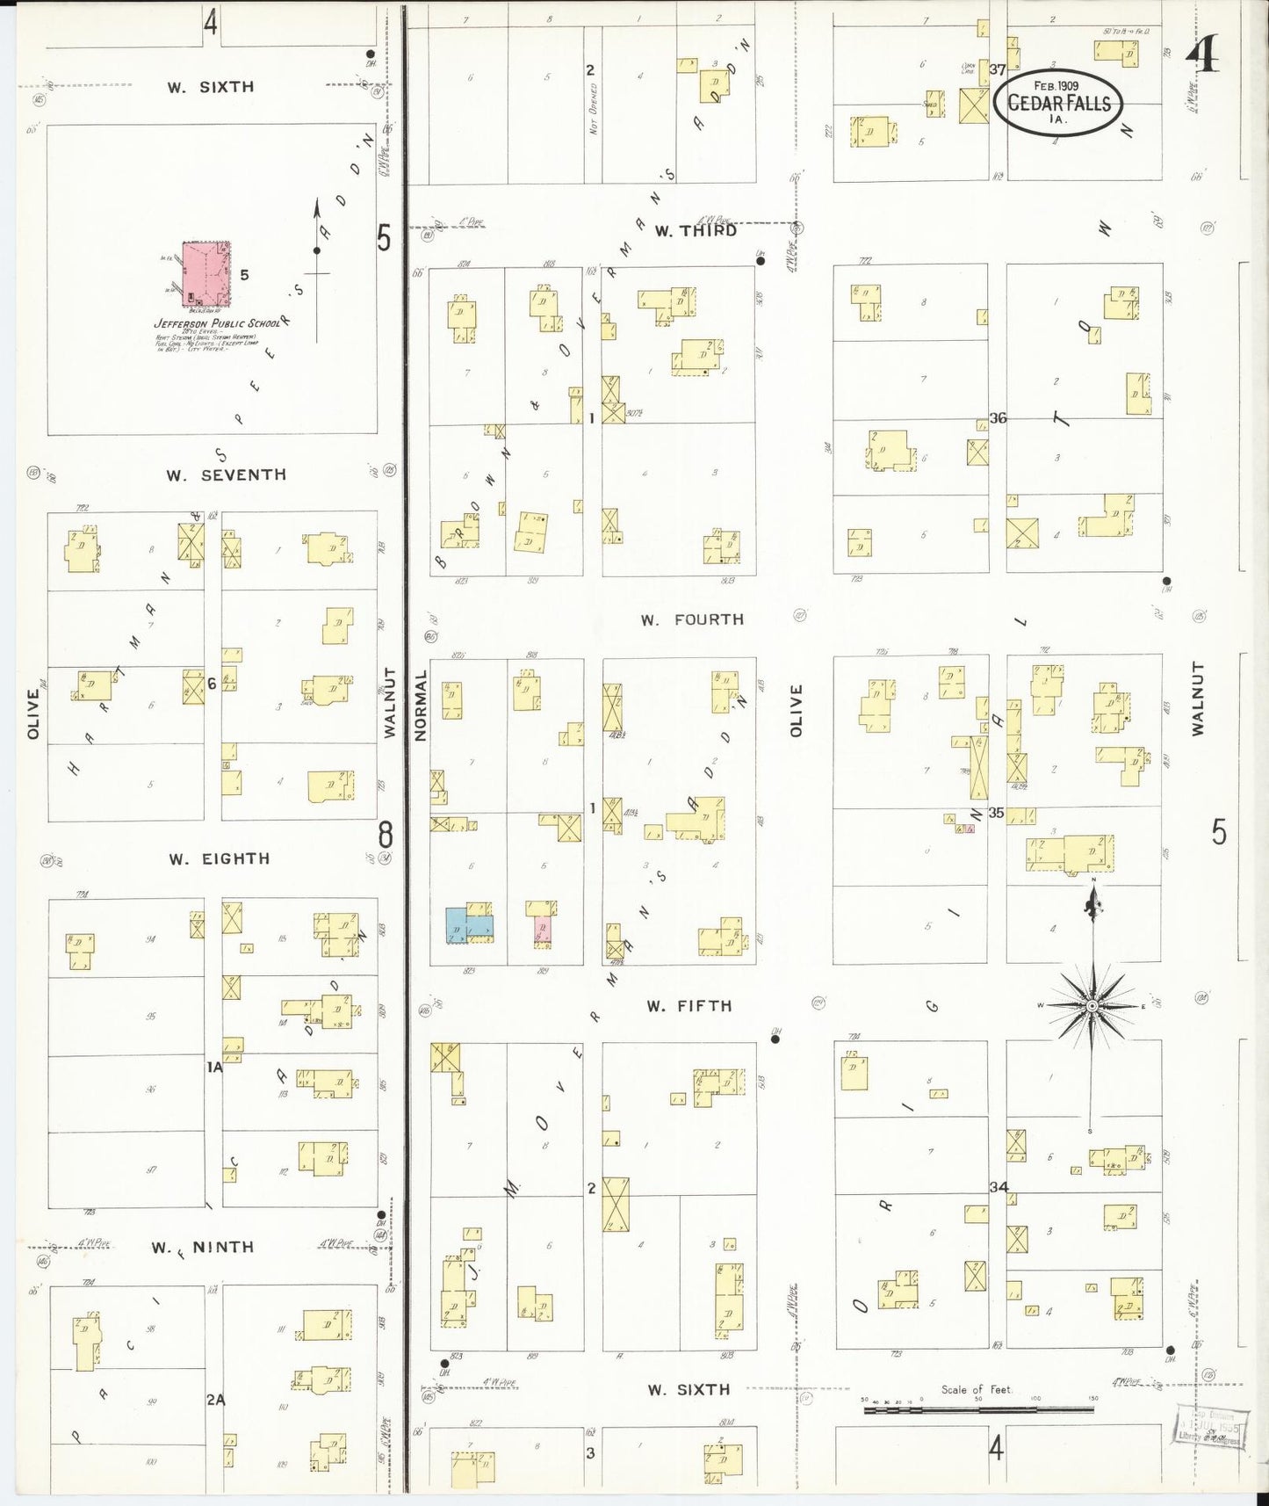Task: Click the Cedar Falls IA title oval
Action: point(1058,104)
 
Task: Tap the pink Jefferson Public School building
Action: point(205,275)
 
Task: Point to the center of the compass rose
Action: point(1092,1005)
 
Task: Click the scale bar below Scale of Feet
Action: point(979,1409)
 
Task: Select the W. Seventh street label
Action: point(226,475)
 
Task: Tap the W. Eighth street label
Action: point(220,859)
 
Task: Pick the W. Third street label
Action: point(696,231)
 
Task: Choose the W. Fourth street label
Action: point(692,620)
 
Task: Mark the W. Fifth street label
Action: point(689,1006)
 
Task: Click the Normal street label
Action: point(420,706)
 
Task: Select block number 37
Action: point(997,69)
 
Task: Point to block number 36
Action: point(998,418)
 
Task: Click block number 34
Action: point(999,1187)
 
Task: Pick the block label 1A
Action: point(214,1068)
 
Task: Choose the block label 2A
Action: point(215,1400)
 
